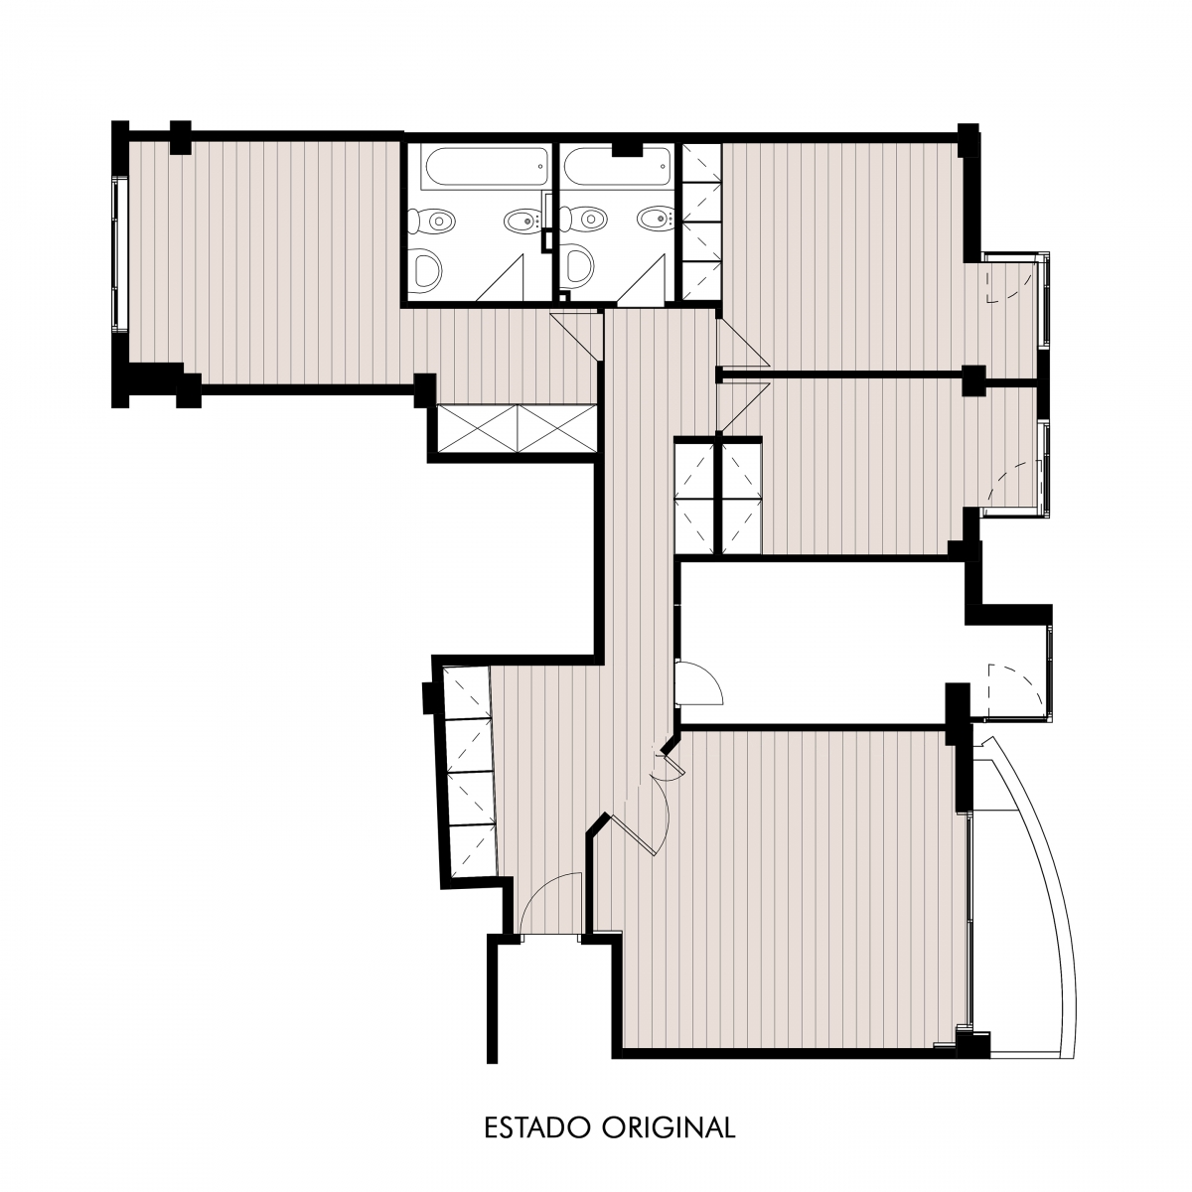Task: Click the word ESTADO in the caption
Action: [538, 1127]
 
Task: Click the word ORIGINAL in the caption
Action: [669, 1127]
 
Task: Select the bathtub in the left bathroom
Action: [486, 167]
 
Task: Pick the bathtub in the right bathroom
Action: [617, 167]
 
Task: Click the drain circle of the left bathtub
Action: [540, 166]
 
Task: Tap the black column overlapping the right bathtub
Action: [628, 148]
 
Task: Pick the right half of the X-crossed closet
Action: [557, 429]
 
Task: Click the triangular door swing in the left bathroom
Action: [501, 278]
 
